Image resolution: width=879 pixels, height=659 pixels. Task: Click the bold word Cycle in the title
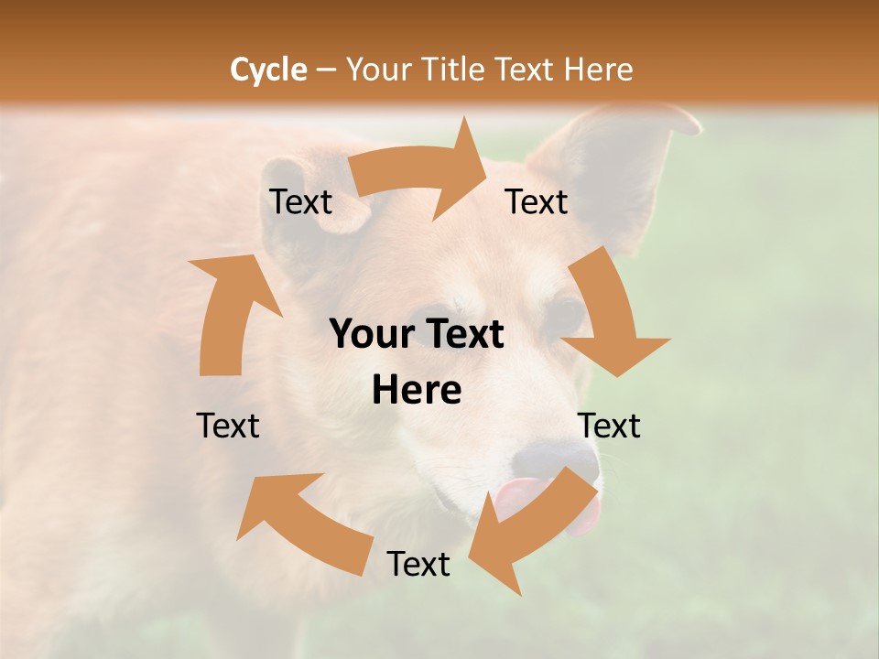268,70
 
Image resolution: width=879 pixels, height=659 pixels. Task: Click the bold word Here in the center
417,390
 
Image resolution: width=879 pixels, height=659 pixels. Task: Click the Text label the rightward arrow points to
537,202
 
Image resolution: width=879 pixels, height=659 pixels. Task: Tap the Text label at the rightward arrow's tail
300,202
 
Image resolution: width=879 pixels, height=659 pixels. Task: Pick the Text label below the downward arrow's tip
609,426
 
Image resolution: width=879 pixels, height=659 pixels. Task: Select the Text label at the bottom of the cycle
418,564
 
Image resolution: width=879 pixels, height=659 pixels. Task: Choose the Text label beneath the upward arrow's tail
228,426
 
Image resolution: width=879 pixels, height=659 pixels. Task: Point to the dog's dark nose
549,458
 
